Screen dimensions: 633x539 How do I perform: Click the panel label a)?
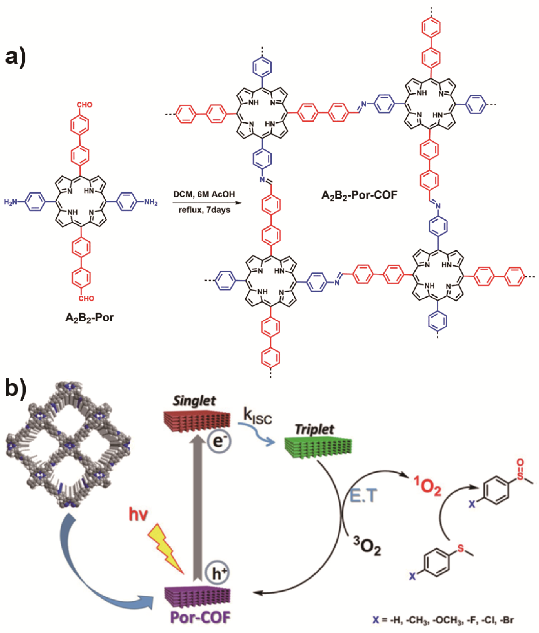coord(16,57)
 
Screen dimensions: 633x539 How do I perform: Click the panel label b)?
coord(16,388)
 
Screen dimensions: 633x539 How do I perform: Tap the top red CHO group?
coord(84,105)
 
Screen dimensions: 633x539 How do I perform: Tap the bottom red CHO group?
coord(86,299)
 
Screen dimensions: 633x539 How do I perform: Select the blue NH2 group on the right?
coord(151,202)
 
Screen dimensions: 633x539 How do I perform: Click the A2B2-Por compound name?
coord(90,318)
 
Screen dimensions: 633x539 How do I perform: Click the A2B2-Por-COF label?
coord(359,195)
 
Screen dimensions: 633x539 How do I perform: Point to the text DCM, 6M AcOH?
coord(204,194)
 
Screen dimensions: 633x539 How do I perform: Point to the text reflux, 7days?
coord(204,210)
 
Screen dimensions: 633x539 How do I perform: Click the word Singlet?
coord(194,401)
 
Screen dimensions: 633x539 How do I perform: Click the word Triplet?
coord(314,429)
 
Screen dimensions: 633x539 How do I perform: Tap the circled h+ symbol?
coord(217,574)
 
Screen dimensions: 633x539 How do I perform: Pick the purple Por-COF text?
coord(200,617)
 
